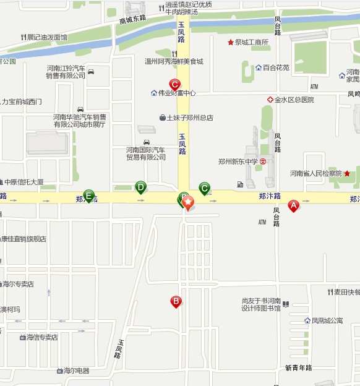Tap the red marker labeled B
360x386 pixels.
[x=176, y=301]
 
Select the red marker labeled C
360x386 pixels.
[x=174, y=85]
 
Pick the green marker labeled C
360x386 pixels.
[x=204, y=188]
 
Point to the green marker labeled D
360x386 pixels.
[x=141, y=187]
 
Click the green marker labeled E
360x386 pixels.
[x=89, y=195]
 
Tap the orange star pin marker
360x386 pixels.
[x=187, y=202]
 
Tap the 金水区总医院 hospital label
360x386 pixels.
[x=294, y=100]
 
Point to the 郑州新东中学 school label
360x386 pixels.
[x=238, y=161]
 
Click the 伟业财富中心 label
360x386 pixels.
[x=176, y=93]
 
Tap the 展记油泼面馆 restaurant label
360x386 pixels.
[x=47, y=37]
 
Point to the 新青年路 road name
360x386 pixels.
[x=299, y=367]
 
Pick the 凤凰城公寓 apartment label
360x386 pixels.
[x=327, y=320]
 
